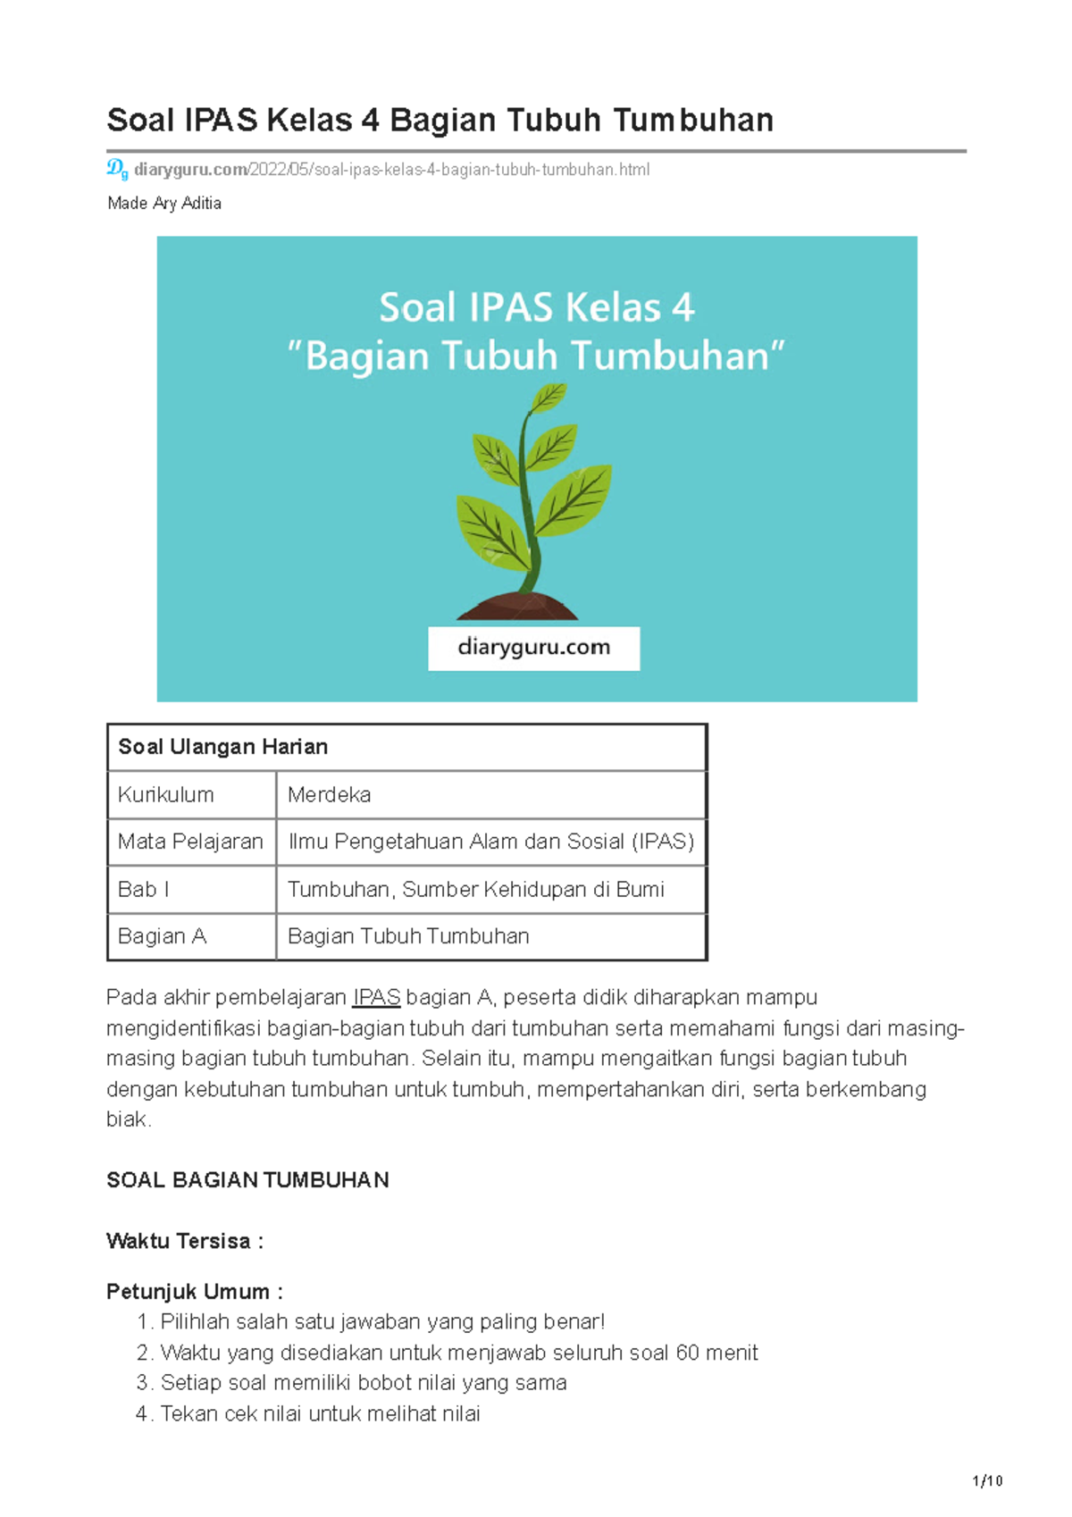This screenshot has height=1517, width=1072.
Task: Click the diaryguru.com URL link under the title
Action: (x=391, y=169)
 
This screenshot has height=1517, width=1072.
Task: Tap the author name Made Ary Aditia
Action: (x=164, y=203)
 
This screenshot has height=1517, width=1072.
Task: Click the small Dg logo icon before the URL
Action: (x=117, y=168)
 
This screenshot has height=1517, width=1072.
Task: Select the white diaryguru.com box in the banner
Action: (x=533, y=648)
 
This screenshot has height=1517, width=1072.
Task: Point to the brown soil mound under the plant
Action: (x=518, y=608)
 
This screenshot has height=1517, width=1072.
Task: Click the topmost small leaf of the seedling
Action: (x=549, y=397)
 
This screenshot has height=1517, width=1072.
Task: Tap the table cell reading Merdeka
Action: (x=329, y=794)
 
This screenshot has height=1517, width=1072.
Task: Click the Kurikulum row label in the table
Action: (x=166, y=794)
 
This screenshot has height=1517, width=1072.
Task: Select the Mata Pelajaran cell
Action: (x=190, y=842)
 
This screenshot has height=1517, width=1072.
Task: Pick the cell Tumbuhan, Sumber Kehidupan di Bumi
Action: (x=475, y=889)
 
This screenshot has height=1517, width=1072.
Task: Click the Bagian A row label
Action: (x=162, y=936)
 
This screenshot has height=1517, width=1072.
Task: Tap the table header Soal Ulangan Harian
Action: (x=223, y=747)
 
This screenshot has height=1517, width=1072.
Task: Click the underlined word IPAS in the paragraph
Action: (x=376, y=997)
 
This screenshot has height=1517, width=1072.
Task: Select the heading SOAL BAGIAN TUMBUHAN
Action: (x=247, y=1180)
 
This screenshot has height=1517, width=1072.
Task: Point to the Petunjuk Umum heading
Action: (x=194, y=1292)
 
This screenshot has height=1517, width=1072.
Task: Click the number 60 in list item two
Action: (x=688, y=1353)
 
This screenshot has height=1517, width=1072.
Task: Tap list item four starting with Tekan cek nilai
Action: (x=320, y=1413)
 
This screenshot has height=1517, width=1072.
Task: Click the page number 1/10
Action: (x=987, y=1481)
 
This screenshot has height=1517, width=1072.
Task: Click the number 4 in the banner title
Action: (x=683, y=308)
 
